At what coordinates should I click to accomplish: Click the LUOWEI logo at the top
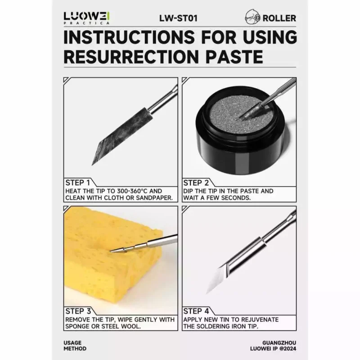pos(86,18)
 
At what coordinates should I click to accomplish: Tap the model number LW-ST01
pos(178,18)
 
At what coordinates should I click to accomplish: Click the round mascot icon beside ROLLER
pos(252,17)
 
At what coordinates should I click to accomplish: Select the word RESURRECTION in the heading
pos(131,57)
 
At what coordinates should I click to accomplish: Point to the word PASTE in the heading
pos(234,57)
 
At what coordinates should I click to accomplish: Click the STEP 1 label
pos(77,183)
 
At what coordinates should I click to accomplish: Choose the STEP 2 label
pos(196,183)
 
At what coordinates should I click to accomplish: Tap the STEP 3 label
pos(78,311)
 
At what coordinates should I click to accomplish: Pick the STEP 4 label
pos(196,311)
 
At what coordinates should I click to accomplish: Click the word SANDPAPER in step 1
pos(154,198)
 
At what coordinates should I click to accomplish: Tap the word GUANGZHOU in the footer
pos(279,343)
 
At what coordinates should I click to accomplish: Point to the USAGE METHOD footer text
pos(75,346)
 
